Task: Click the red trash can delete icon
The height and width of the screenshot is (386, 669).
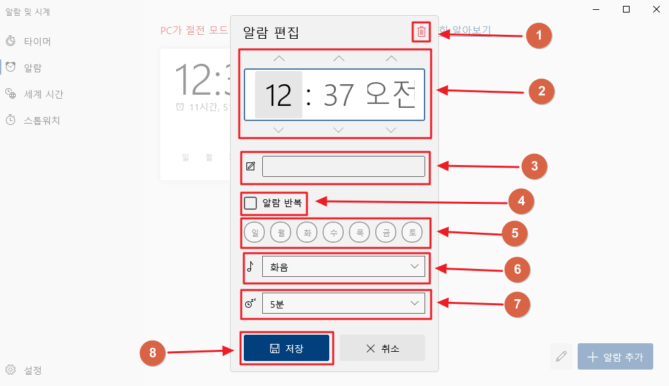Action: tap(422, 32)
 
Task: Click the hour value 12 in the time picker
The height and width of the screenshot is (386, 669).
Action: tap(279, 95)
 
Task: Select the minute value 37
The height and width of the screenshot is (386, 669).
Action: tap(338, 95)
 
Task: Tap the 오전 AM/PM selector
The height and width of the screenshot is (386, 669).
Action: tap(391, 95)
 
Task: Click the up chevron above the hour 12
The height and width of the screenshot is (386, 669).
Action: tap(279, 59)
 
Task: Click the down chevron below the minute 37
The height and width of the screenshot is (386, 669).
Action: tap(338, 130)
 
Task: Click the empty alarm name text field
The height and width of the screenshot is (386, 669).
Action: tap(343, 166)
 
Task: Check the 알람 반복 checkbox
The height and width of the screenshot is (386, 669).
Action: tap(250, 203)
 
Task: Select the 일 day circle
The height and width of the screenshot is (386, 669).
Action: tap(254, 232)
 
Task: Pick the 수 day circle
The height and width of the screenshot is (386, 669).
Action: tap(333, 232)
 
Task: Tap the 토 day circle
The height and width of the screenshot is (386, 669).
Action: tap(412, 232)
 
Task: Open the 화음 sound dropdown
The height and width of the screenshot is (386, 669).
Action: tap(343, 266)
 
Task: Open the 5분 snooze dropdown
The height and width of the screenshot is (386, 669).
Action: tap(343, 303)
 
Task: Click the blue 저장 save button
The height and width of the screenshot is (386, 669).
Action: tap(286, 348)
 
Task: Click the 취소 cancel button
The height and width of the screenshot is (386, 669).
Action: tap(382, 348)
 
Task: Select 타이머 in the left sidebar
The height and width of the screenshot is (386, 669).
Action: tap(37, 41)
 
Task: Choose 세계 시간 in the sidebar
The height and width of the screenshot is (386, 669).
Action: tap(43, 94)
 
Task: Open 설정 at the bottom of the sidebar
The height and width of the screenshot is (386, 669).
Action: tap(32, 370)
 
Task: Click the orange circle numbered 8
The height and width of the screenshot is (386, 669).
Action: tap(153, 353)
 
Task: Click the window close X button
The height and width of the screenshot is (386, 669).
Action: tap(656, 9)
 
